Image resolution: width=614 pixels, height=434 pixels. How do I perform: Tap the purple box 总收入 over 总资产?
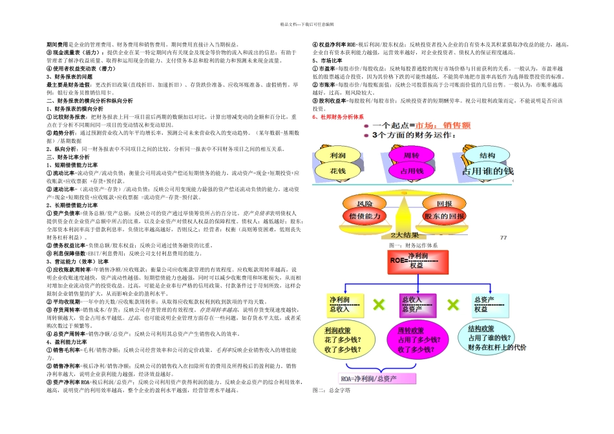click(x=412, y=304)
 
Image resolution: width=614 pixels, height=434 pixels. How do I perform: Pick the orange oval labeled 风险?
click(x=365, y=203)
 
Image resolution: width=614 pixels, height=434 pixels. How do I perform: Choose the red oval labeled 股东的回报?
click(x=445, y=216)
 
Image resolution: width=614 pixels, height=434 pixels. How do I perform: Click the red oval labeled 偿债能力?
click(x=365, y=216)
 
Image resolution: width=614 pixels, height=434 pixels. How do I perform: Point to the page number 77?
click(x=503, y=238)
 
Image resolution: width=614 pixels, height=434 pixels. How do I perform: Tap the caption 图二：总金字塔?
click(x=330, y=391)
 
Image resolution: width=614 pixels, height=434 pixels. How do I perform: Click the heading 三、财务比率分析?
click(x=68, y=157)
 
